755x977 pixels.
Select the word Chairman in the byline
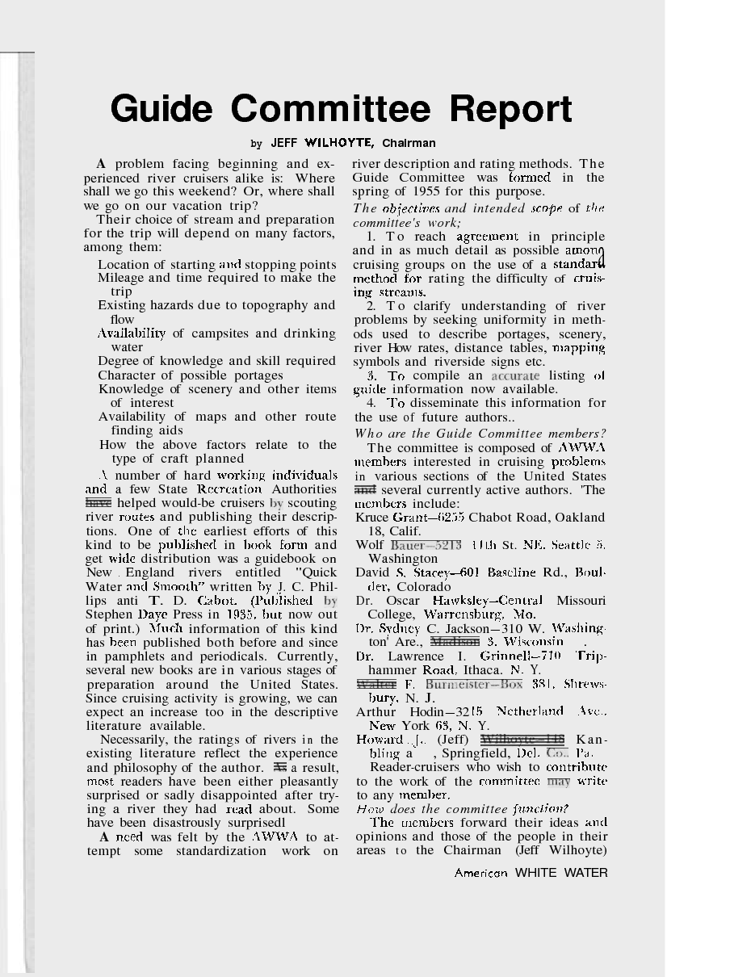[409, 144]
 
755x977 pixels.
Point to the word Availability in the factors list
[132, 333]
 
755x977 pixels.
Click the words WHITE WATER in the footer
[561, 873]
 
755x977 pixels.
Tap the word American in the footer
[481, 873]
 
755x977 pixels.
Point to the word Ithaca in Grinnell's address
[481, 670]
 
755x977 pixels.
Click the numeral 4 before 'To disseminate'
[371, 403]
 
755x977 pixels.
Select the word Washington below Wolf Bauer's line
[402, 558]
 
